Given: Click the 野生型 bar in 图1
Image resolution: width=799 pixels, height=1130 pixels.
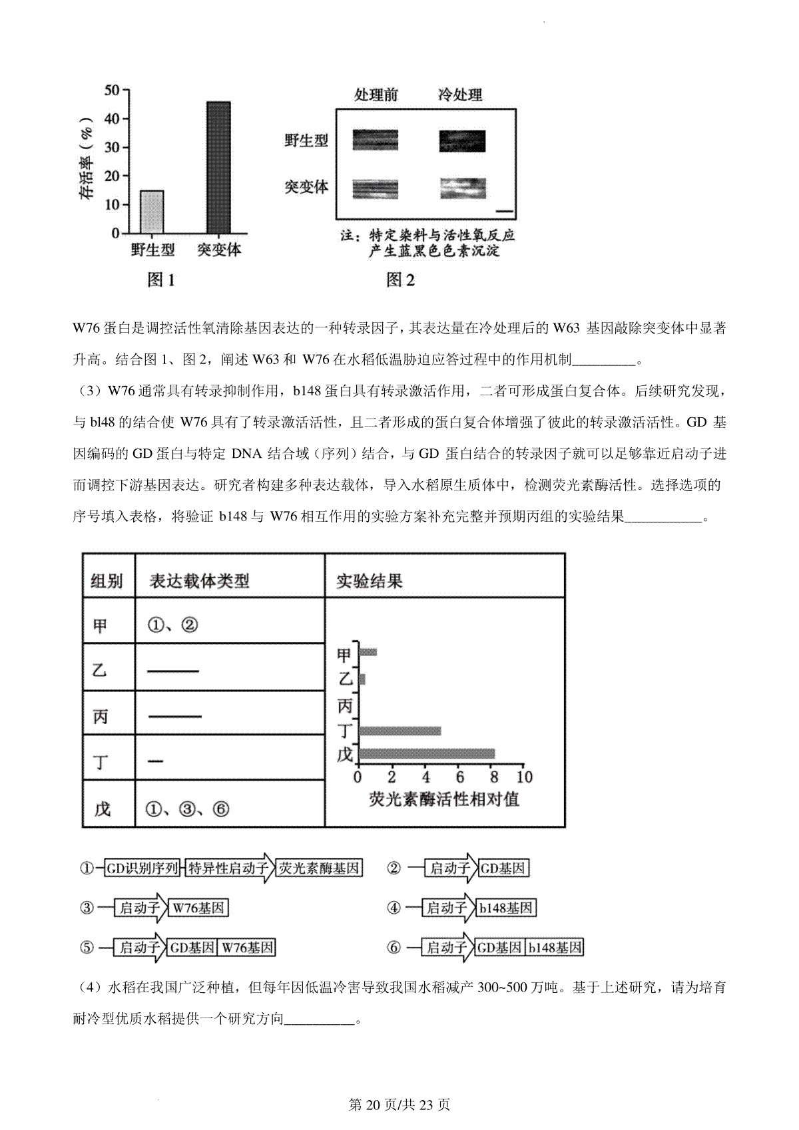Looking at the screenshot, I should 152,212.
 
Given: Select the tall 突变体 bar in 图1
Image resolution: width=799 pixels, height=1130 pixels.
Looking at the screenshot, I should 218,167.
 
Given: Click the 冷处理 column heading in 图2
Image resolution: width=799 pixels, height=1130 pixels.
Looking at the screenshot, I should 460,95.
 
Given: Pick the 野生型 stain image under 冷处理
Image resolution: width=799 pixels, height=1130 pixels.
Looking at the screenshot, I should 462,141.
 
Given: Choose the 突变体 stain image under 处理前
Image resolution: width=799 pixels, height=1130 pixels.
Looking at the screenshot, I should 375,188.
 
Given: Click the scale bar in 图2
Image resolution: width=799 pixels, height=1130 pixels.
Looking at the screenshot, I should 505,212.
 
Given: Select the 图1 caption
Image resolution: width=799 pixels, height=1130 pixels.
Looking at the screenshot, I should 160,280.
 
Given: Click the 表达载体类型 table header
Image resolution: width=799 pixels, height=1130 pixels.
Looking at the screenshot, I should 199,581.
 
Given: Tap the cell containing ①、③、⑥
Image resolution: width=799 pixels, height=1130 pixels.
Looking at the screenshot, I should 187,809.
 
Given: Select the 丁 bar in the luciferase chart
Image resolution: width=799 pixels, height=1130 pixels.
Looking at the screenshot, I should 400,731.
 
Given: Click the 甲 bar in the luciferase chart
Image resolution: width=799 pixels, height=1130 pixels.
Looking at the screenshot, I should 368,652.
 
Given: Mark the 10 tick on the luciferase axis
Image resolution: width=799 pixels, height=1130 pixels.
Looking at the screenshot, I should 525,777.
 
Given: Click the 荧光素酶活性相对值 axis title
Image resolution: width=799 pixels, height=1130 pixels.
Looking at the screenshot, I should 444,799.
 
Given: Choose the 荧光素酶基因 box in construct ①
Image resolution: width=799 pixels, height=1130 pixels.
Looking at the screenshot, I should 320,868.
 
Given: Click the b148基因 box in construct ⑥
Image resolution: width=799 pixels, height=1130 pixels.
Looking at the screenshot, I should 555,948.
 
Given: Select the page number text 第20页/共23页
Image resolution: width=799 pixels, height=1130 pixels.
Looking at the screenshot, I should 400,1105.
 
